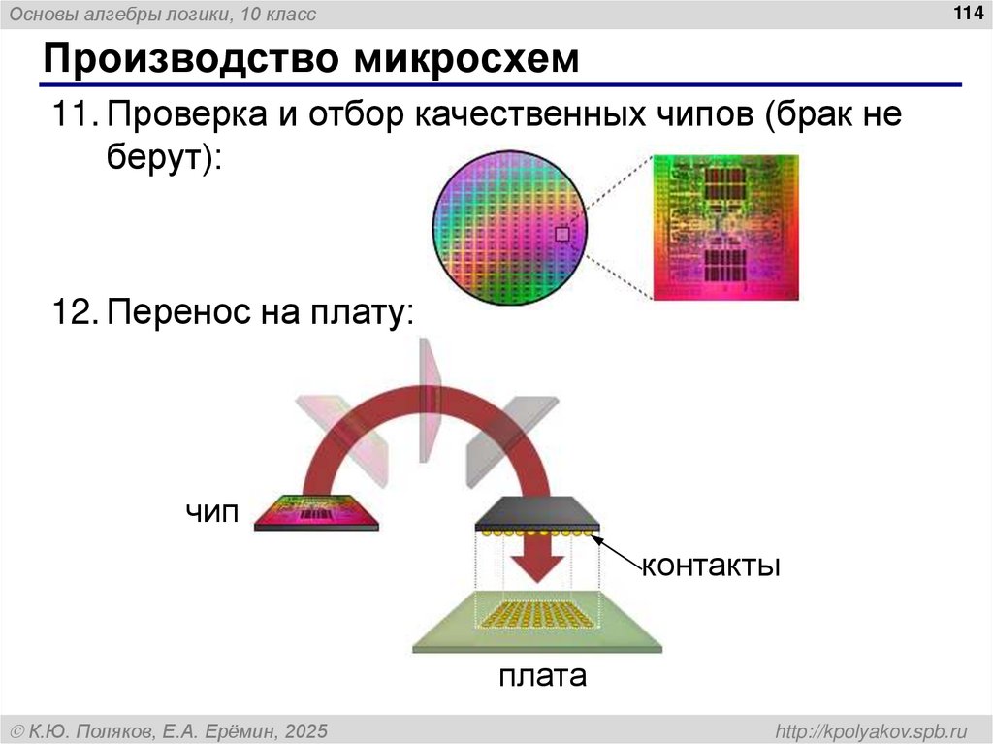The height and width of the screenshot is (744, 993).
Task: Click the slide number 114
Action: tap(969, 13)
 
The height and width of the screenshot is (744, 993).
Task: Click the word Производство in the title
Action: tap(185, 60)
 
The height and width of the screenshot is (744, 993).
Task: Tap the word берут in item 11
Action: tap(155, 158)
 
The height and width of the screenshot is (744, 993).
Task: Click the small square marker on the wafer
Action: tap(561, 234)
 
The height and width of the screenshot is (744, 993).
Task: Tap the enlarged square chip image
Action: tap(724, 227)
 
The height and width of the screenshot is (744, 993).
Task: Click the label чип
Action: tap(212, 512)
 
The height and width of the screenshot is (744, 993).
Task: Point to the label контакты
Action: tap(710, 565)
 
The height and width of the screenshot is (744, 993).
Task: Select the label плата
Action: tap(542, 675)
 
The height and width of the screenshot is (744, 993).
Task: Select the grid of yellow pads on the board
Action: tap(537, 615)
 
